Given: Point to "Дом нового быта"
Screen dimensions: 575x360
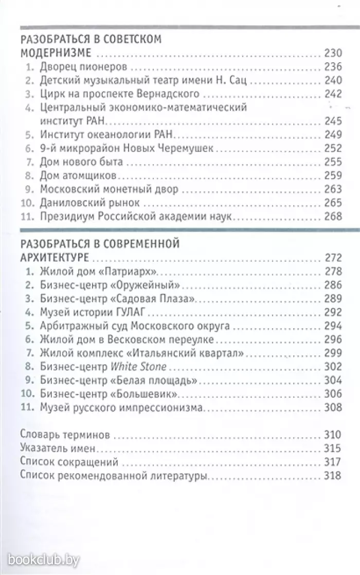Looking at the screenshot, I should pyautogui.click(x=81, y=162).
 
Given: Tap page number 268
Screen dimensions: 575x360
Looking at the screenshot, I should pyautogui.click(x=333, y=217).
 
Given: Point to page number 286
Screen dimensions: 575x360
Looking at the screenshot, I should pyautogui.click(x=333, y=284).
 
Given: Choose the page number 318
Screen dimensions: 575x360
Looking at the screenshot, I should pyautogui.click(x=333, y=476).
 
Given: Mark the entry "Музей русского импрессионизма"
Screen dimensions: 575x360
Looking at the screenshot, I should pyautogui.click(x=122, y=408).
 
